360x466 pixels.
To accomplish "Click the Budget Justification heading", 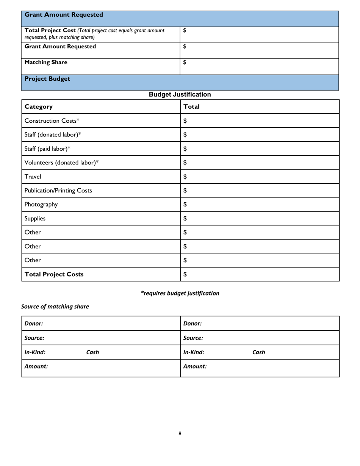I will (x=180, y=94).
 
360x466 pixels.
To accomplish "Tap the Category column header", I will (x=39, y=107).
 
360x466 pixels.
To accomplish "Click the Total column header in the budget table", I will (x=191, y=107).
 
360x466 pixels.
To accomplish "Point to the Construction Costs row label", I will (x=52, y=121).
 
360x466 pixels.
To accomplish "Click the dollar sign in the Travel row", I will (x=185, y=177).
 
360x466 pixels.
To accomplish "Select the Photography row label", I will (x=41, y=205).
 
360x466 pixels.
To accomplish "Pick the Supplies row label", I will (x=35, y=219).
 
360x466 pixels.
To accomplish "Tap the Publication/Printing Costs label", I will (x=58, y=191).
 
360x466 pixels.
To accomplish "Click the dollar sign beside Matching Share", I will (x=185, y=63).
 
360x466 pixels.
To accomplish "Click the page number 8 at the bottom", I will (x=180, y=433).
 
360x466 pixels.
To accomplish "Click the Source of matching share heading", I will (x=55, y=306).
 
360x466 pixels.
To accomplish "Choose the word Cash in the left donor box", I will (x=92, y=352).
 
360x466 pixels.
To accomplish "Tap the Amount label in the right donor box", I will (x=195, y=367).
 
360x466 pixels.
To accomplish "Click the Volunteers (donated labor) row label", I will (x=61, y=163).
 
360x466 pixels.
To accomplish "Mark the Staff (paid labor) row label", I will (x=47, y=149).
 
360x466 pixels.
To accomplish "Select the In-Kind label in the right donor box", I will (x=194, y=352).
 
